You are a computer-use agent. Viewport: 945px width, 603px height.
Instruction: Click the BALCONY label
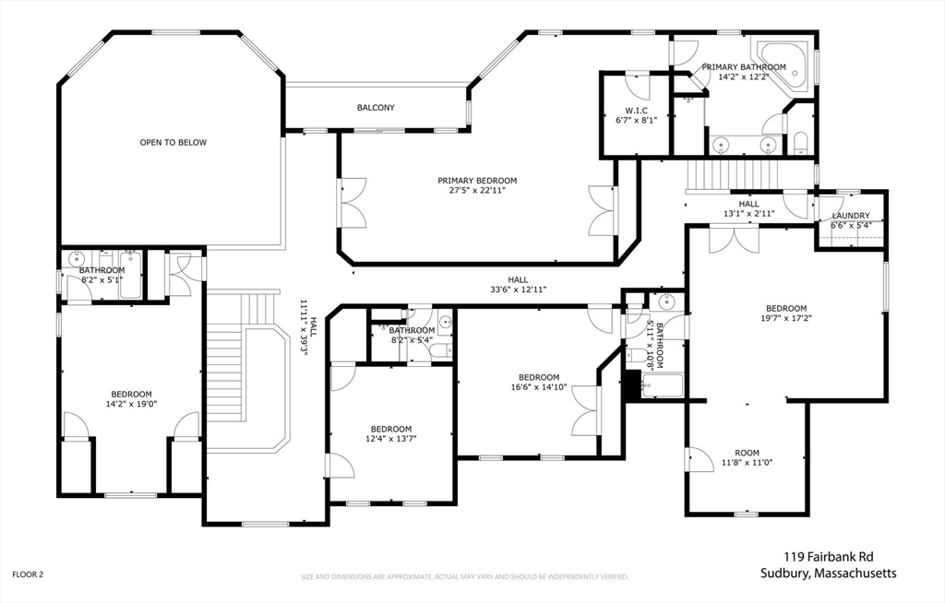point(376,108)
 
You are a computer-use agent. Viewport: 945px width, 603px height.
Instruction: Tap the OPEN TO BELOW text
point(173,143)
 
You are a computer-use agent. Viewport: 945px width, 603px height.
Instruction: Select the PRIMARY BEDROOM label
point(477,181)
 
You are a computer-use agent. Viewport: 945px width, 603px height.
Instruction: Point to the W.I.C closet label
point(636,111)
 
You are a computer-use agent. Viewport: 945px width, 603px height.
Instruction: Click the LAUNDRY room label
point(850,216)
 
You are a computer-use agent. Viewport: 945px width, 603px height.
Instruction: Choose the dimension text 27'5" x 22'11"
point(477,191)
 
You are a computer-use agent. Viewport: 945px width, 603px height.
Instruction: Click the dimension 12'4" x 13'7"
point(391,439)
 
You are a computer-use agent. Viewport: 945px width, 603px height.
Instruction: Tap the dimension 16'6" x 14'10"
point(539,387)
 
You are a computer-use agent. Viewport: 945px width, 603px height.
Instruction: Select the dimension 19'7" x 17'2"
point(785,319)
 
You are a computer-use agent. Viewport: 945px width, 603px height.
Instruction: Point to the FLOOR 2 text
point(28,574)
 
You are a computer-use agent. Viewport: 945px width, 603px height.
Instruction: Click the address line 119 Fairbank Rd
point(827,556)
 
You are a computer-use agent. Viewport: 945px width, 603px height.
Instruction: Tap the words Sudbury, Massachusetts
point(828,573)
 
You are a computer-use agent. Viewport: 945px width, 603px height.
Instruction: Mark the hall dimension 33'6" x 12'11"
point(518,290)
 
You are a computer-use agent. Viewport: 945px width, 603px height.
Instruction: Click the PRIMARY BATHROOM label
point(744,67)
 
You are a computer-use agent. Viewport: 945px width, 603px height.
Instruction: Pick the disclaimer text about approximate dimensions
point(464,577)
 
